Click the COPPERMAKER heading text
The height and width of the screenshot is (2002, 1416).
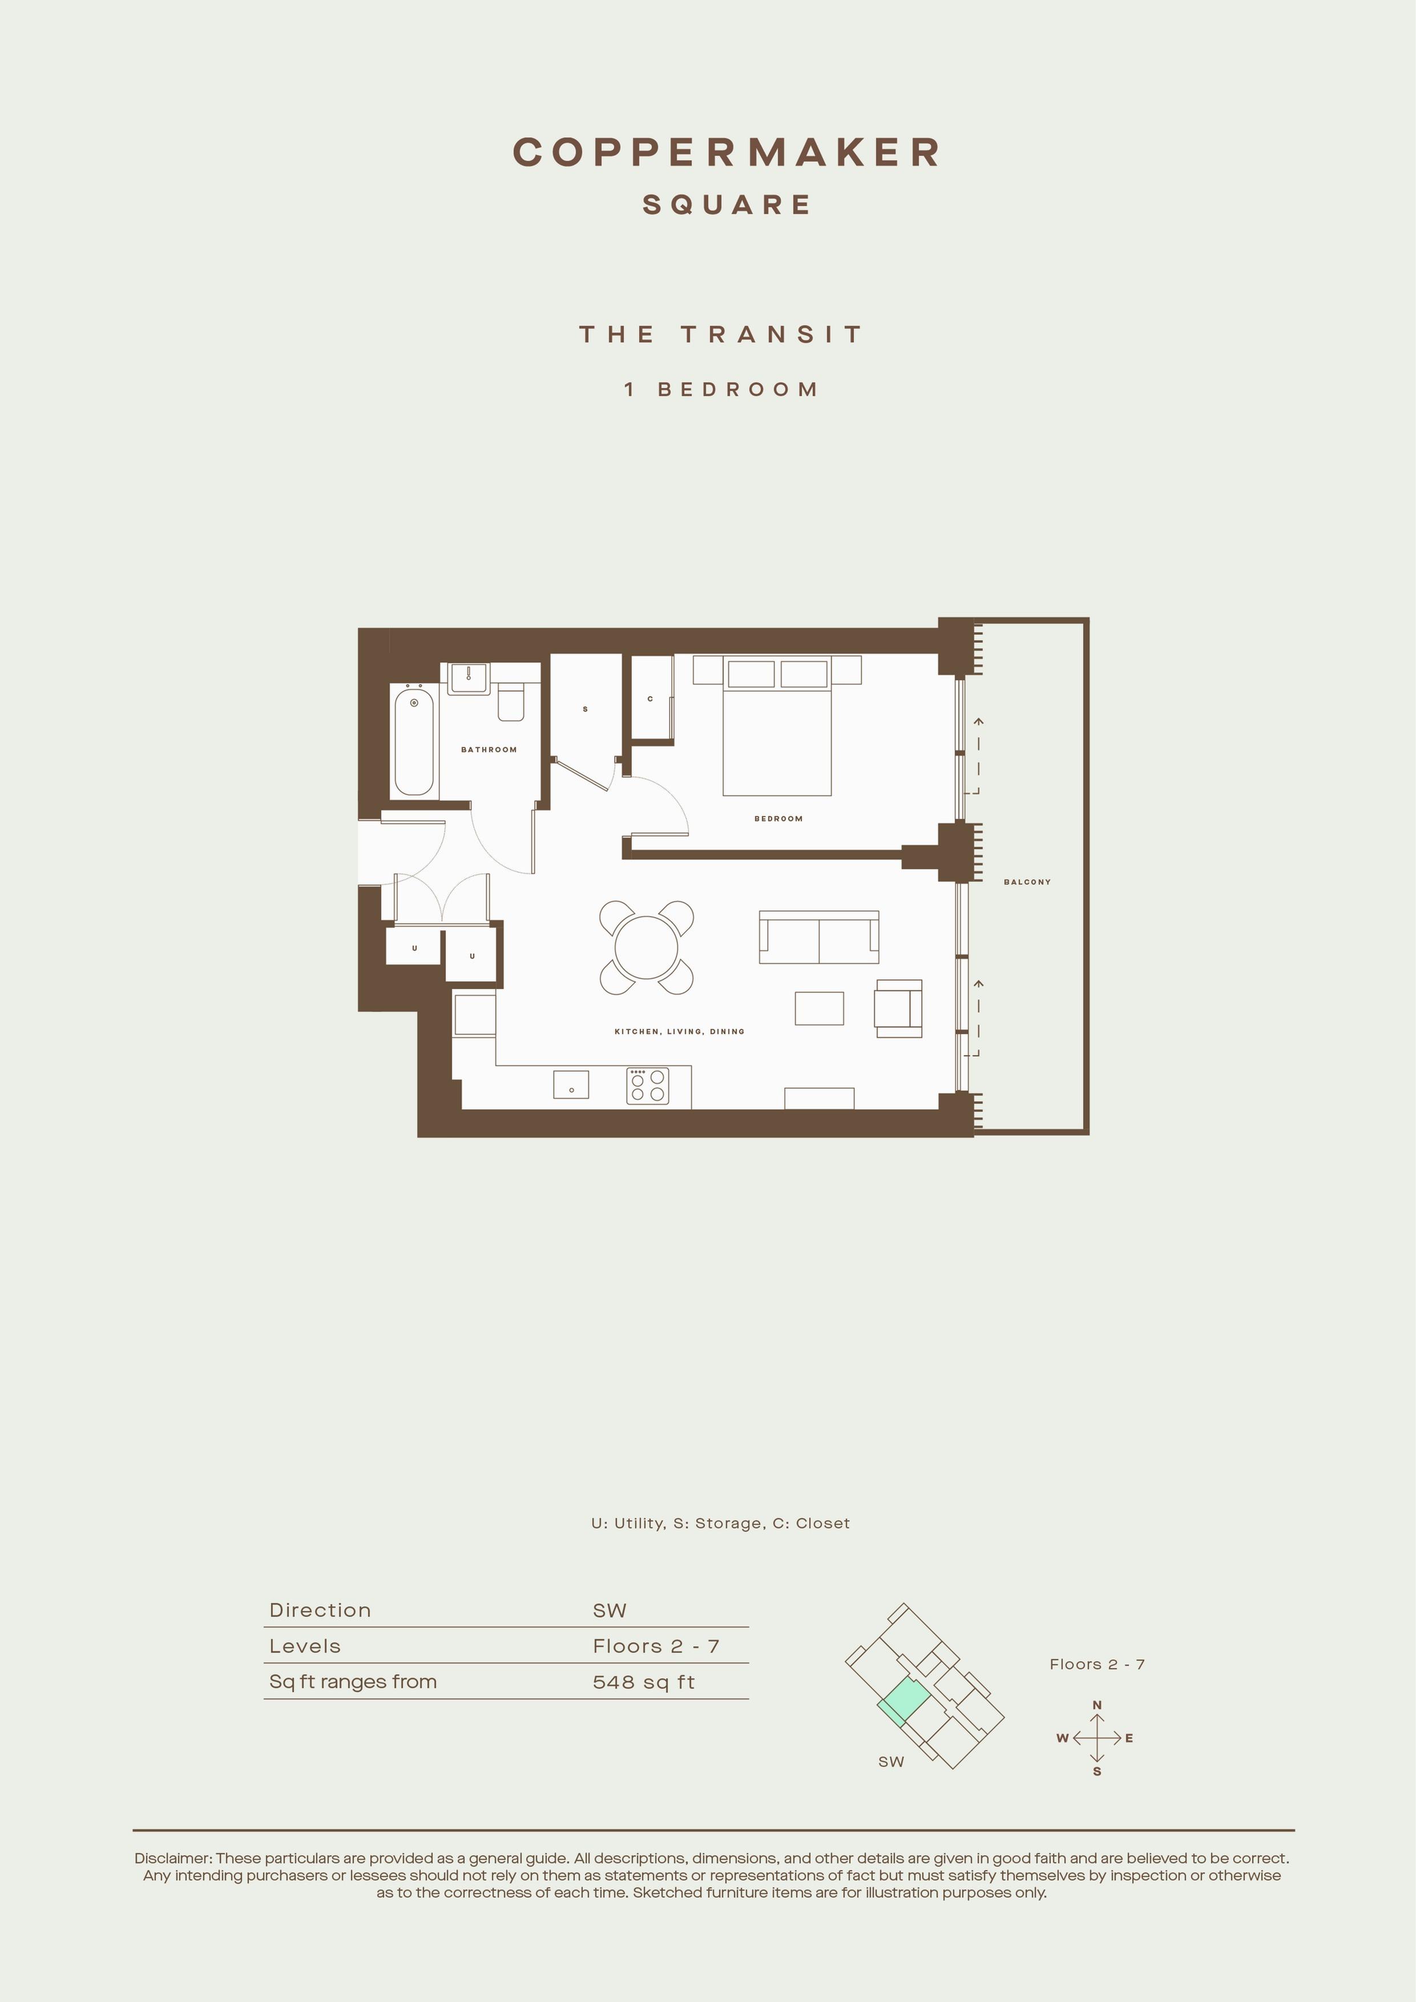click(x=727, y=152)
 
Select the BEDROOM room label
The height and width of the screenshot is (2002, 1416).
click(x=778, y=819)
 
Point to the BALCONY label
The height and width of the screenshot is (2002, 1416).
click(x=1027, y=882)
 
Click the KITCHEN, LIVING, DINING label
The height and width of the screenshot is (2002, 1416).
click(x=679, y=1031)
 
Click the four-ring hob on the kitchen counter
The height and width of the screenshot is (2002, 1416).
click(x=648, y=1085)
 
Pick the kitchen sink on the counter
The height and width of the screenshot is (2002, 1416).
click(x=571, y=1085)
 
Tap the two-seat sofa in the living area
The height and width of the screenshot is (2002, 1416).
click(x=819, y=937)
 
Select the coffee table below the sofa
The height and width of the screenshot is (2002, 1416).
click(x=820, y=1008)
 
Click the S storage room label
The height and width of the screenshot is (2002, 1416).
click(x=585, y=709)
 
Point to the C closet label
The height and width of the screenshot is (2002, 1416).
click(x=651, y=699)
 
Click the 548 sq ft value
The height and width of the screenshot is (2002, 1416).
click(x=643, y=1682)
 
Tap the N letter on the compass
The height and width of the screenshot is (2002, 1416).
click(x=1097, y=1705)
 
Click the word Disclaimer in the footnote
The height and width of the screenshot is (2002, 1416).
click(x=172, y=1858)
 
